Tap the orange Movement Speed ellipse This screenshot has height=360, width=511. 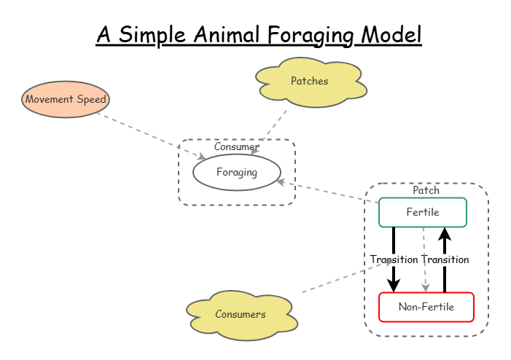tap(66, 99)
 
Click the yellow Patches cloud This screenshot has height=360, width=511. tap(310, 81)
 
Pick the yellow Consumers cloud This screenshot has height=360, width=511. tap(241, 314)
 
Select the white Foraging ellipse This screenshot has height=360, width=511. tap(236, 173)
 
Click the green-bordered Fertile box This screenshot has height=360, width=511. tap(423, 212)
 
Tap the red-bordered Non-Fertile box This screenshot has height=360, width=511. tap(426, 307)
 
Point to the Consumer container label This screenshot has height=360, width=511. tap(236, 147)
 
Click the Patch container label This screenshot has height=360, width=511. tap(426, 190)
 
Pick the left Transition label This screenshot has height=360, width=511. tap(394, 259)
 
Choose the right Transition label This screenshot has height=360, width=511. tap(445, 259)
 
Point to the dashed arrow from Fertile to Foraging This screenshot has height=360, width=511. tap(328, 192)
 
